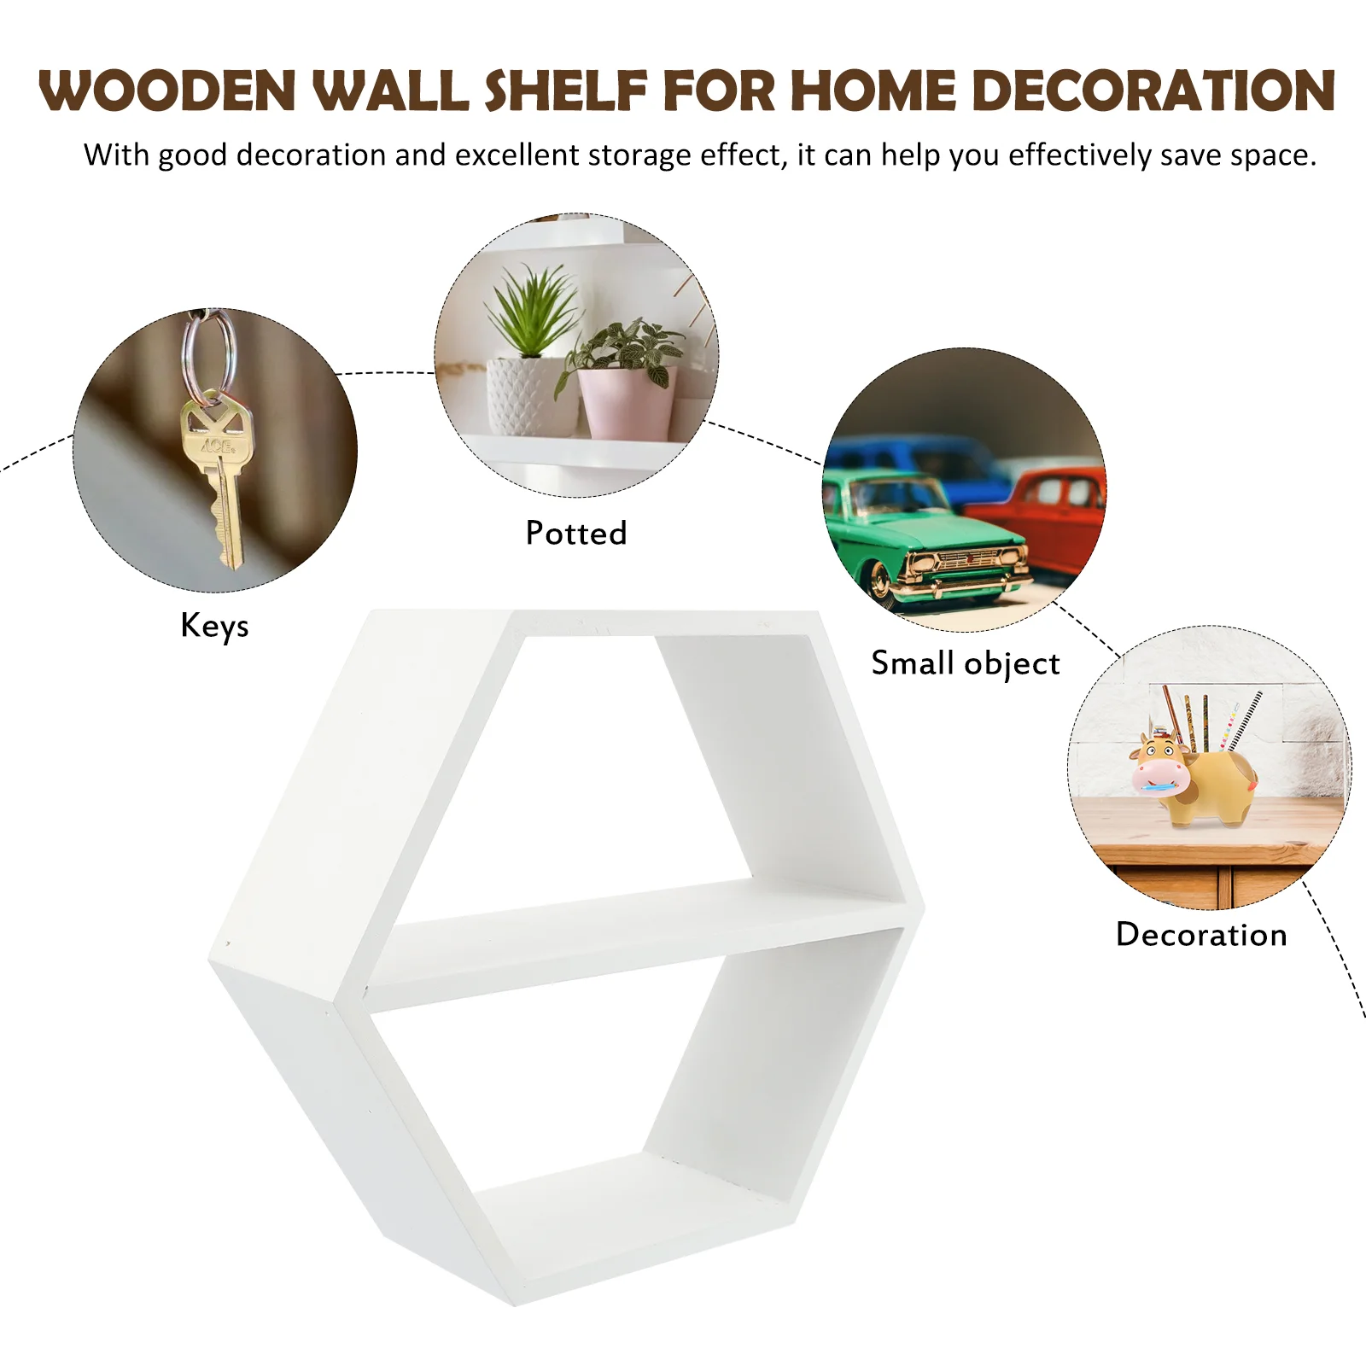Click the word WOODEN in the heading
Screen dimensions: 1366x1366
[168, 90]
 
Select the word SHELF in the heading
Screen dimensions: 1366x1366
[567, 90]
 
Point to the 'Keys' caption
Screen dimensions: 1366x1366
[214, 626]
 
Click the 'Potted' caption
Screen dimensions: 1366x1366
[576, 533]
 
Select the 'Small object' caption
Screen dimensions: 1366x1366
[966, 663]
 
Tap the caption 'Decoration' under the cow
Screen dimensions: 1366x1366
[1201, 935]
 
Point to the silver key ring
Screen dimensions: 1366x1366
[207, 354]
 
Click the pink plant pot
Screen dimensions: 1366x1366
[628, 403]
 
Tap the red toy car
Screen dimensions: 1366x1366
[1043, 512]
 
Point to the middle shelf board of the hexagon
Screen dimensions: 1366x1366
[636, 943]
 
